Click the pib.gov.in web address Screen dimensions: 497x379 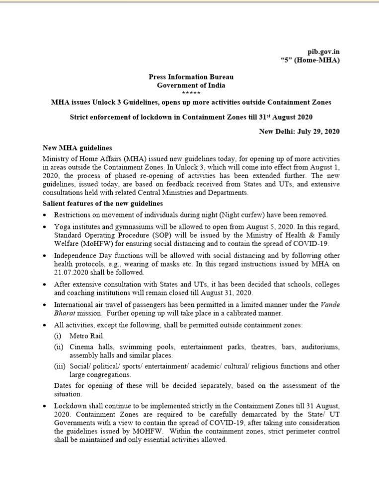[323, 52]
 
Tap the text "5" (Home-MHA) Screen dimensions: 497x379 [310, 60]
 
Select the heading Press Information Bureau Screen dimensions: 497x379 [191, 77]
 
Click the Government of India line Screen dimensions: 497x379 [191, 85]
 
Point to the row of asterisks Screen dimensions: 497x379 [191, 93]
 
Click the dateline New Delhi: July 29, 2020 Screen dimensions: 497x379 [300, 132]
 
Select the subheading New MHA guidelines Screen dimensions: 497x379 [77, 148]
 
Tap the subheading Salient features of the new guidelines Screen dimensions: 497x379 [102, 204]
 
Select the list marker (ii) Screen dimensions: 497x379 [59, 347]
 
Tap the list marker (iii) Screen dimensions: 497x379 [60, 366]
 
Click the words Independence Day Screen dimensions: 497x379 [81, 255]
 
